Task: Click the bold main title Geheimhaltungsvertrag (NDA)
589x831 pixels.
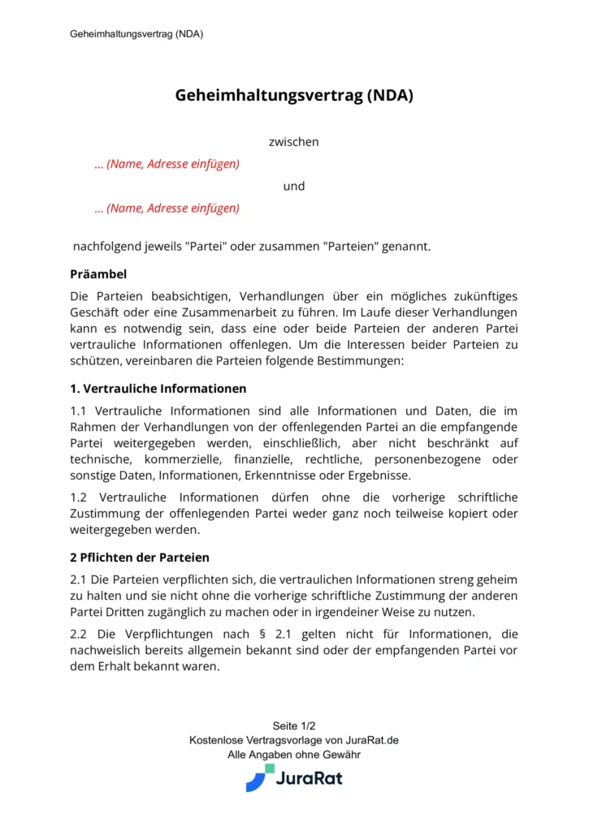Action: [294, 95]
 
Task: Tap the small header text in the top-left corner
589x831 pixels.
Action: [136, 34]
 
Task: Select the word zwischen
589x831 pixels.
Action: [294, 142]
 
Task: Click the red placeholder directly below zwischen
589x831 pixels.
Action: [167, 164]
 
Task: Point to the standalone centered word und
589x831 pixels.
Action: [294, 186]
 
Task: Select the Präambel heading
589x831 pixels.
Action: [98, 274]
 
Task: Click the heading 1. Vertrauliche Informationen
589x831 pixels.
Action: [158, 388]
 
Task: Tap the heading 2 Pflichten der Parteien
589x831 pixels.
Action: [140, 558]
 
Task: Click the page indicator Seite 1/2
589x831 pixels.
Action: [294, 726]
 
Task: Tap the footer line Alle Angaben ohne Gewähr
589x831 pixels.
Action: [294, 755]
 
